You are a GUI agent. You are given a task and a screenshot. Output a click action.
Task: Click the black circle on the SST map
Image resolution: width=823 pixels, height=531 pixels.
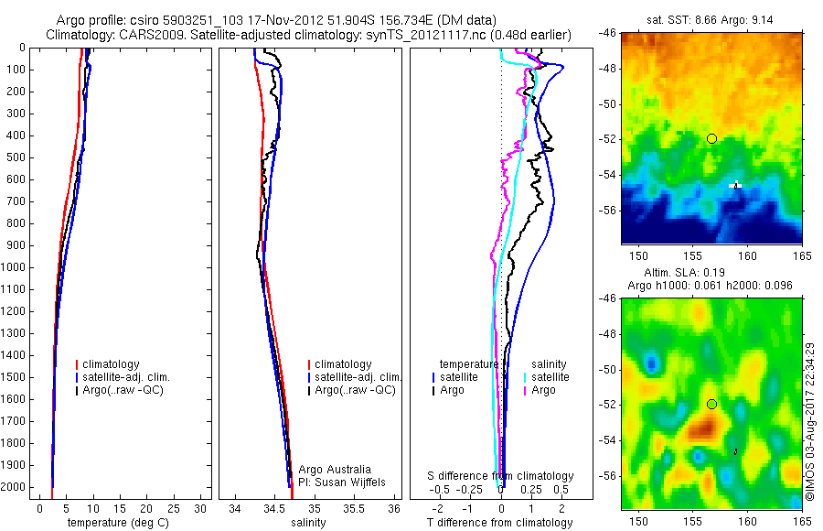(711, 138)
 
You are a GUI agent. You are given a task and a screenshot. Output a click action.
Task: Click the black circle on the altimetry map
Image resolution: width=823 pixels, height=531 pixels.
(711, 404)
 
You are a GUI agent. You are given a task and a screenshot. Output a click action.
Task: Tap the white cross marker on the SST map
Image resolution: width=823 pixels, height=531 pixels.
(736, 185)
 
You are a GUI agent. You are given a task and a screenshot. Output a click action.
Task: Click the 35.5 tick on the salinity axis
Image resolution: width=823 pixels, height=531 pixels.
(354, 507)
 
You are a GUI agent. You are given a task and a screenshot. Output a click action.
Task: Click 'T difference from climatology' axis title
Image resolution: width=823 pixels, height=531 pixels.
(500, 523)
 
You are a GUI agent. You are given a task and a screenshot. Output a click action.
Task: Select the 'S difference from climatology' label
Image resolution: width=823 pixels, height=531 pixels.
(501, 476)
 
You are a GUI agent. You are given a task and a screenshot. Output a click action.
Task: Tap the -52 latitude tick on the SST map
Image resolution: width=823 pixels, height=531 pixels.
(607, 139)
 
